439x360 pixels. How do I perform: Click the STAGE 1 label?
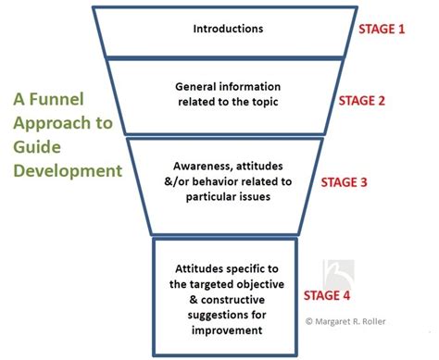coord(381,29)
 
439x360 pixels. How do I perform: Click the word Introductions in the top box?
coord(228,29)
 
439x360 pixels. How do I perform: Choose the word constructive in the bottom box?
coord(232,301)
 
